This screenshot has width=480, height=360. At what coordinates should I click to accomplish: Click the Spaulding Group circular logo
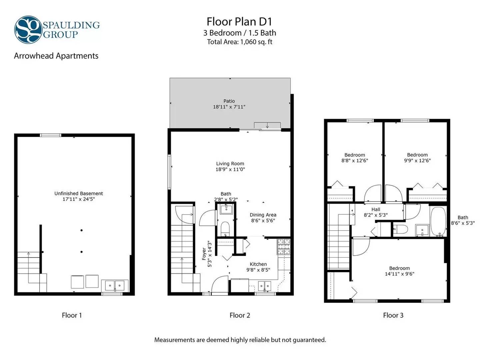pos(28,30)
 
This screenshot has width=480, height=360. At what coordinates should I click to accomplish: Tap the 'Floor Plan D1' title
pos(239,22)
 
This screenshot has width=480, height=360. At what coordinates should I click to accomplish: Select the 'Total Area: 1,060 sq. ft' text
pos(240,42)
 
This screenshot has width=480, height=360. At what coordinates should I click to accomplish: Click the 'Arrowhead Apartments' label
pos(56,56)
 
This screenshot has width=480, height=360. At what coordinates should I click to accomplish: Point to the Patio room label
pos(229,101)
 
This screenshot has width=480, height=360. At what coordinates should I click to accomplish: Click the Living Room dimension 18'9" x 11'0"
pos(230,169)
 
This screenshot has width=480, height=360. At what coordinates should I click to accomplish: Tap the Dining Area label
pos(263,215)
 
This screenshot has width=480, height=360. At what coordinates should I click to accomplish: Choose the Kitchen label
pos(258,264)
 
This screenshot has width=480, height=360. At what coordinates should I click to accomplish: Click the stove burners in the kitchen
pos(284,247)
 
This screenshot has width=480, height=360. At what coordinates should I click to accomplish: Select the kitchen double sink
pos(265,286)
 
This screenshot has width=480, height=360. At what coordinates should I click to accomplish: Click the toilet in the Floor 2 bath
pos(225,229)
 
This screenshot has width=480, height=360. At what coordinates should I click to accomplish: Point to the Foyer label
pos(204,254)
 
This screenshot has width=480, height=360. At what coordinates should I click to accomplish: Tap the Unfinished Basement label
pos(79,193)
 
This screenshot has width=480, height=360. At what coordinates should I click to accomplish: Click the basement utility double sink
pos(115,285)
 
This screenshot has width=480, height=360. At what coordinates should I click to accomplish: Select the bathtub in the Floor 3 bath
pos(438,221)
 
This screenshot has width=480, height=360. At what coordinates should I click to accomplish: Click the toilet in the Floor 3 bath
pos(401,230)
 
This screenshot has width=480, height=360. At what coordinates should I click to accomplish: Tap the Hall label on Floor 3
pos(376,209)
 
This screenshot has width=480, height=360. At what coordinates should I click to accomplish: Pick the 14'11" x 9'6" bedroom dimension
pos(400,274)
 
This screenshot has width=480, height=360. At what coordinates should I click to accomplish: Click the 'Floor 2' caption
pos(240,315)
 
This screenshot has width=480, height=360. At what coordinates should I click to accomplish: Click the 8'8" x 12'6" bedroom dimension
pos(355,160)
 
